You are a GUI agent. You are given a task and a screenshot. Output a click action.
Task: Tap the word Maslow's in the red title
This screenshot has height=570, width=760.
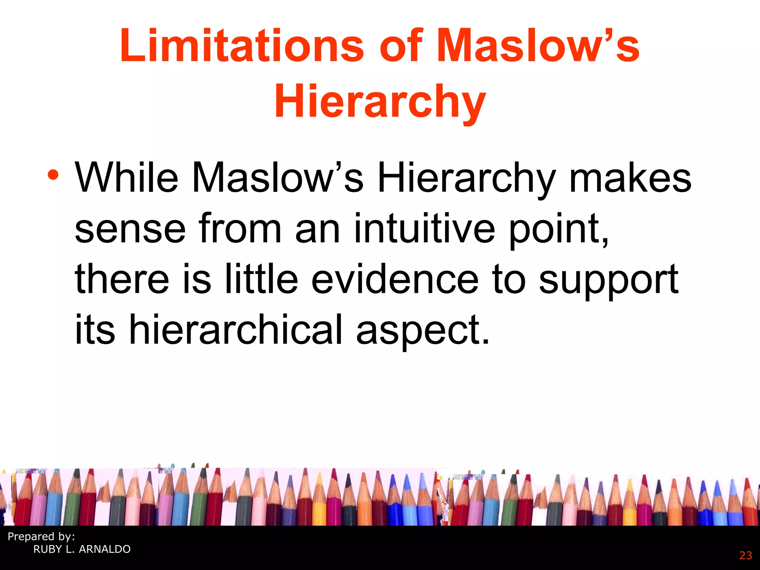pos(538,46)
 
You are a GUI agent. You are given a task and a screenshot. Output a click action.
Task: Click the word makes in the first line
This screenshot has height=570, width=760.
pos(630,178)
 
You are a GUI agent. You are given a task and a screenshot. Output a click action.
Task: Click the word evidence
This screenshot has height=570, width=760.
pos(395,279)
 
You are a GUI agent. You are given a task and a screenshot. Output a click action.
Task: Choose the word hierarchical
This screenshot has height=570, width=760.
pos(235,329)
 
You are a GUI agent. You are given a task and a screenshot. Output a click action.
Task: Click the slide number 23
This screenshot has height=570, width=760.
pos(745,556)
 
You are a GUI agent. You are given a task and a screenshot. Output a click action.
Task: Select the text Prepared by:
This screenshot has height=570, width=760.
pos(41,537)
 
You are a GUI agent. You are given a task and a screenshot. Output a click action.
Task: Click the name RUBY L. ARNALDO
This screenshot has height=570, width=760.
pos(82,549)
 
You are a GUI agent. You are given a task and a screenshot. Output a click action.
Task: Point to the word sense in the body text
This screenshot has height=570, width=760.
pos(130,229)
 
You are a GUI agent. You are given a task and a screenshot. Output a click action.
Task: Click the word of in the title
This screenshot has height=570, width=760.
pos(401,46)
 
